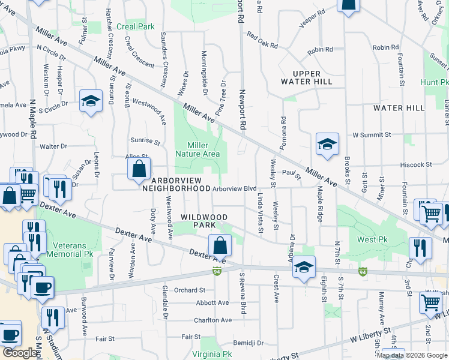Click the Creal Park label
point(136,26)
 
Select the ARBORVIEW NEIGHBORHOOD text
point(176,184)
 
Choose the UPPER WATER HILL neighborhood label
point(306,77)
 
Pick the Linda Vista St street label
point(261,213)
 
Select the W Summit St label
point(372,135)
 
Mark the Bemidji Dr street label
point(249,343)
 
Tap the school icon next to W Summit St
point(327,145)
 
